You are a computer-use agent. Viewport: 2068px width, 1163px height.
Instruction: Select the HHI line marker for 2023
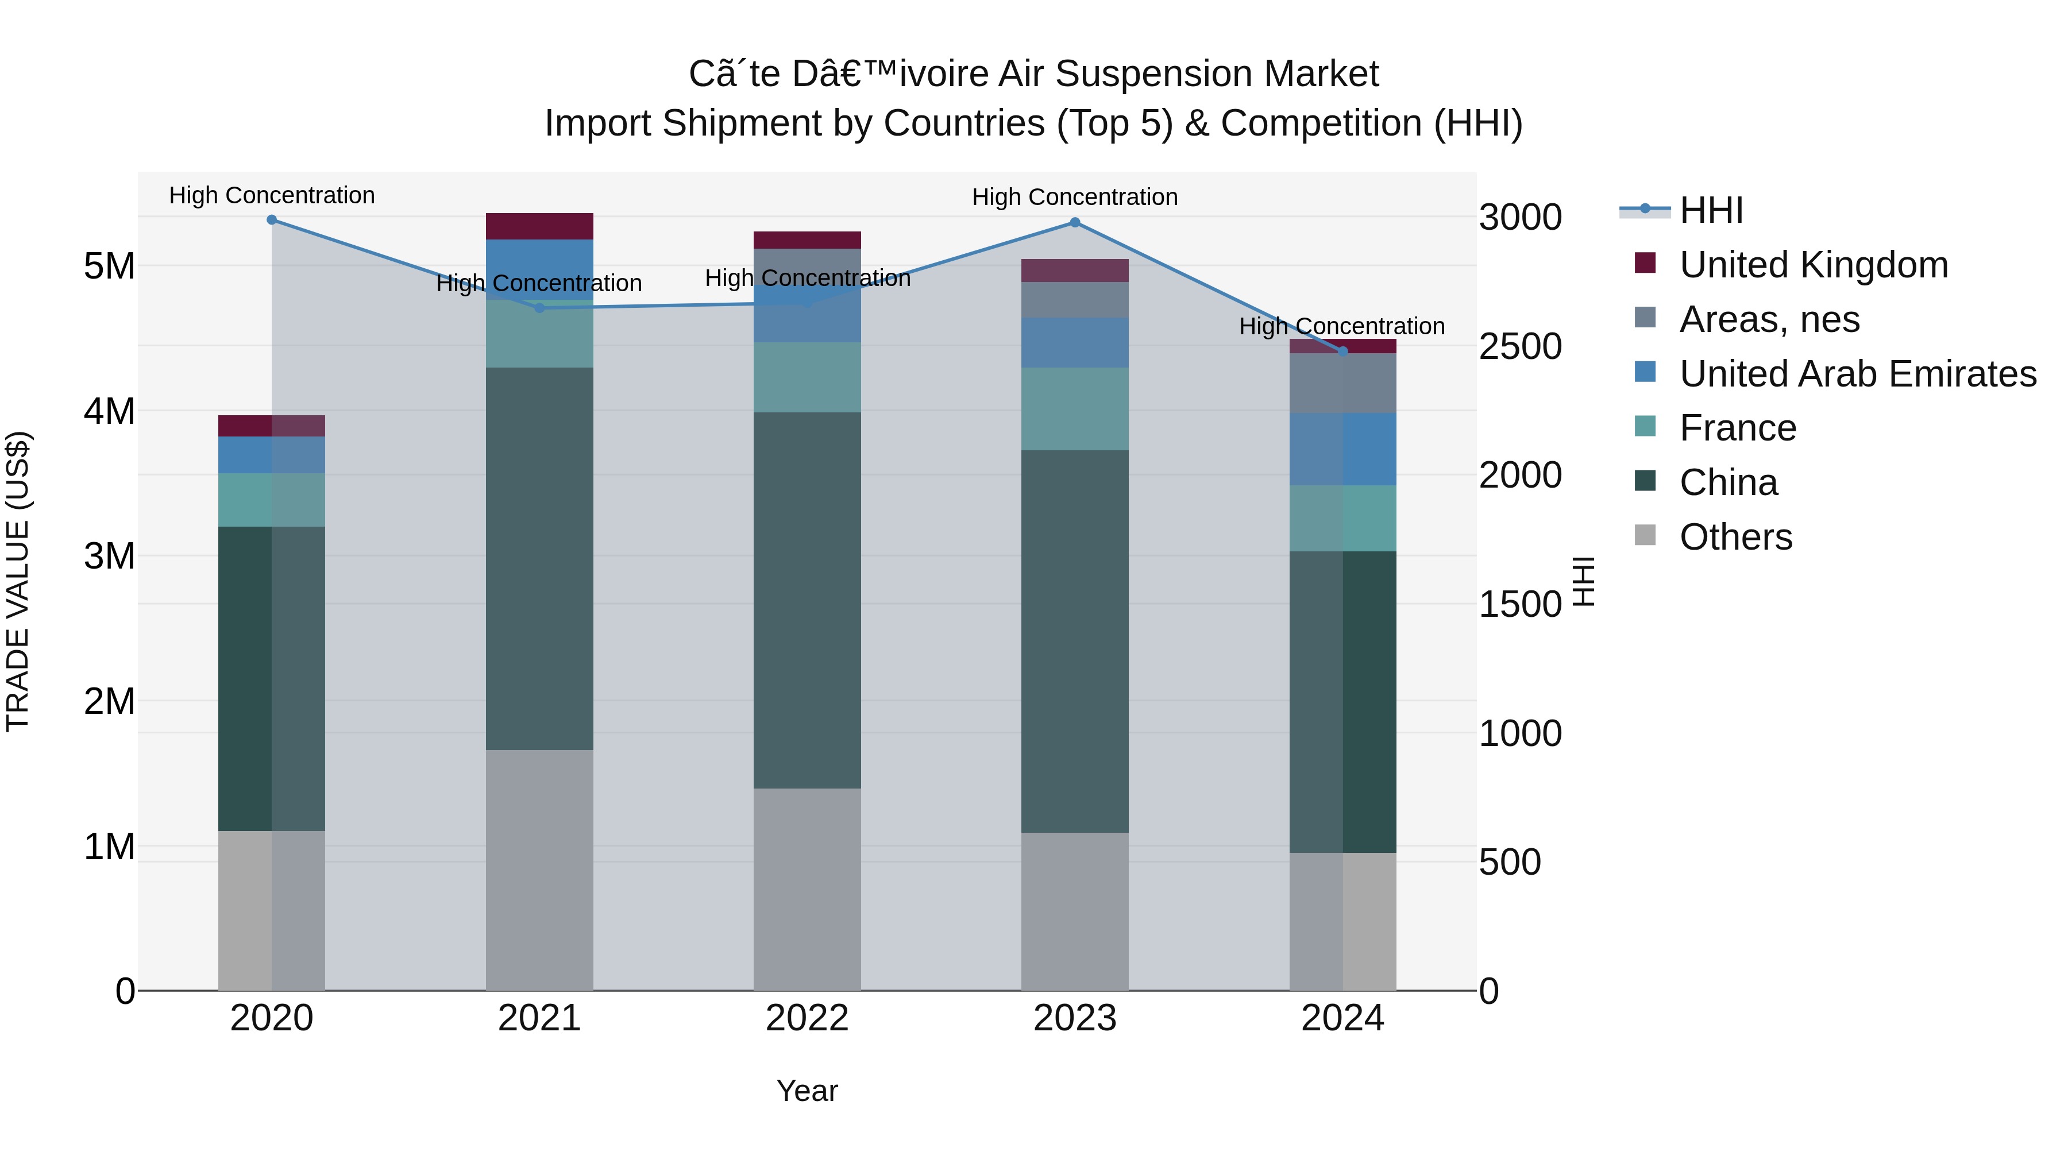1075,222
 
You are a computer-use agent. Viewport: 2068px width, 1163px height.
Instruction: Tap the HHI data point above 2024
1342,351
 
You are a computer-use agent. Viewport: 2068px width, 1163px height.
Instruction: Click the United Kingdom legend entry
1813,265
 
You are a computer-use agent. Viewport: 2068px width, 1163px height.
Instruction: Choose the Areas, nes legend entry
1769,319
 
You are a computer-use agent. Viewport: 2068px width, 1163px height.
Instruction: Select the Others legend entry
1735,537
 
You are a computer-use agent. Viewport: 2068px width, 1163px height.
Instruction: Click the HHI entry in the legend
1710,210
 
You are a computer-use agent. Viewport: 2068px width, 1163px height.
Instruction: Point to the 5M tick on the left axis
109,266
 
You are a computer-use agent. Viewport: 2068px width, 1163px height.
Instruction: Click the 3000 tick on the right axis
1519,218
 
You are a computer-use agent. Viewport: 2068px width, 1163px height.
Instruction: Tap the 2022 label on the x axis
807,1018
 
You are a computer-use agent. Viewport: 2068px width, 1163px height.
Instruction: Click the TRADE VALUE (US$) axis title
18,581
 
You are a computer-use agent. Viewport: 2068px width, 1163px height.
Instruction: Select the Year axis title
807,1091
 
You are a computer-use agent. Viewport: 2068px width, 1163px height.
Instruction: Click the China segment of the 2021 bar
539,559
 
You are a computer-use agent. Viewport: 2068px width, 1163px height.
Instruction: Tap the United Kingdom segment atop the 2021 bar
539,226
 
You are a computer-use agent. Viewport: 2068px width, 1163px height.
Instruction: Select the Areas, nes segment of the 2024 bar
1342,384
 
